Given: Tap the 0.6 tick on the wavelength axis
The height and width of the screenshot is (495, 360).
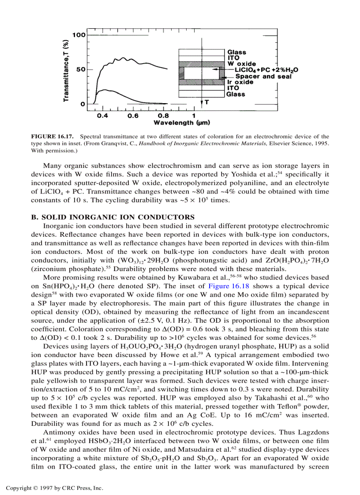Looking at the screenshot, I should (x=133, y=115).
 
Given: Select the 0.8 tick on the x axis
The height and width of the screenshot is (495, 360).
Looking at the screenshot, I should (x=163, y=115).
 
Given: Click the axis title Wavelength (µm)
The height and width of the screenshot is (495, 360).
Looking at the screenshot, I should (x=181, y=123).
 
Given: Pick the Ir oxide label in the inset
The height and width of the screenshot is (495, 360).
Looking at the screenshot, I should (x=240, y=82).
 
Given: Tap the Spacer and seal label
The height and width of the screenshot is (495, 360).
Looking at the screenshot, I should (x=263, y=76).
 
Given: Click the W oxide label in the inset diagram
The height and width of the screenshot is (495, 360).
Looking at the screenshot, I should (x=241, y=64).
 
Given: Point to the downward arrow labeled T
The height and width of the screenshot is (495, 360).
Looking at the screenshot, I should (x=202, y=102).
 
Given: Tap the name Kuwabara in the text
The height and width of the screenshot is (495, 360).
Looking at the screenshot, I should (x=203, y=278).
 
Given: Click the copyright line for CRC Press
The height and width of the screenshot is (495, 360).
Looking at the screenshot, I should (x=54, y=488).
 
